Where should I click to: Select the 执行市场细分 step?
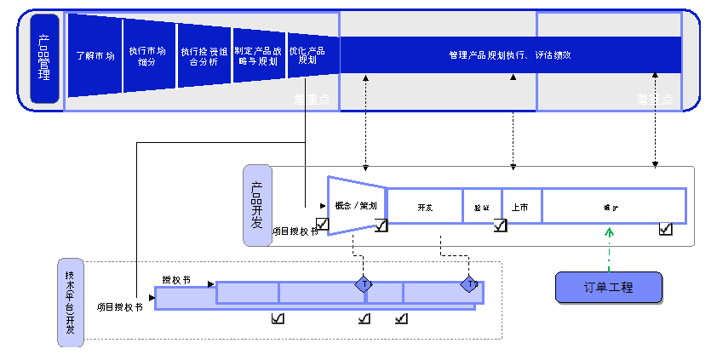pyautogui.click(x=147, y=55)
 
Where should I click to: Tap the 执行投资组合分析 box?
pyautogui.click(x=202, y=55)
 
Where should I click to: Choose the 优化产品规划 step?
pyautogui.click(x=307, y=55)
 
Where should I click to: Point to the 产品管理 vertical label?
pyautogui.click(x=44, y=59)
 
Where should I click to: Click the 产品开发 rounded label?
pyautogui.click(x=257, y=205)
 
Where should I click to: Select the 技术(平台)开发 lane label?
pyautogui.click(x=71, y=302)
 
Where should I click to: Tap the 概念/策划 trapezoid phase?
pyautogui.click(x=356, y=205)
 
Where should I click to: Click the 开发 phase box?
pyautogui.click(x=425, y=207)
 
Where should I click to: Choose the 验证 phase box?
pyautogui.click(x=482, y=207)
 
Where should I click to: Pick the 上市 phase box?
pyautogui.click(x=520, y=207)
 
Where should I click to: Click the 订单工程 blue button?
pyautogui.click(x=608, y=288)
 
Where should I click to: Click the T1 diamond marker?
pyautogui.click(x=364, y=283)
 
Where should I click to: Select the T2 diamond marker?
pyautogui.click(x=469, y=283)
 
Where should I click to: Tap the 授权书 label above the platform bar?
pyautogui.click(x=176, y=279)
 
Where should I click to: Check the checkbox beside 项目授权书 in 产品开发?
pyautogui.click(x=322, y=224)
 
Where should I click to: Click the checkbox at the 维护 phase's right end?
pyautogui.click(x=665, y=228)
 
